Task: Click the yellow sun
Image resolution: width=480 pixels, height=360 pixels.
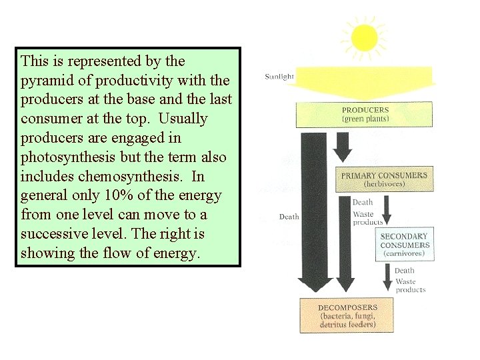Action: point(364,38)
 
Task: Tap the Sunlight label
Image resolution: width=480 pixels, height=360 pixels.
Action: point(279,77)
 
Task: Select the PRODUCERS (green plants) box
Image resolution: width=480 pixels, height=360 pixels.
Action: point(365,114)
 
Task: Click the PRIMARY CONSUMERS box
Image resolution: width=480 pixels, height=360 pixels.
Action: point(384,179)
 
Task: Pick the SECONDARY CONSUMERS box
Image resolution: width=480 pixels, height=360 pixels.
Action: point(405,244)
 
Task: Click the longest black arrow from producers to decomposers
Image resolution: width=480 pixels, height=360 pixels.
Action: point(311,213)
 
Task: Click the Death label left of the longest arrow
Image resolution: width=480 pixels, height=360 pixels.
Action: point(289,217)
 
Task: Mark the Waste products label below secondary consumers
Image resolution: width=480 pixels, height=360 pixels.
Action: point(410,286)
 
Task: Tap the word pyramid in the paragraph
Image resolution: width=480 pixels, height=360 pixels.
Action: point(45,81)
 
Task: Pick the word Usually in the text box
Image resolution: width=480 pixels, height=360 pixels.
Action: point(181,119)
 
